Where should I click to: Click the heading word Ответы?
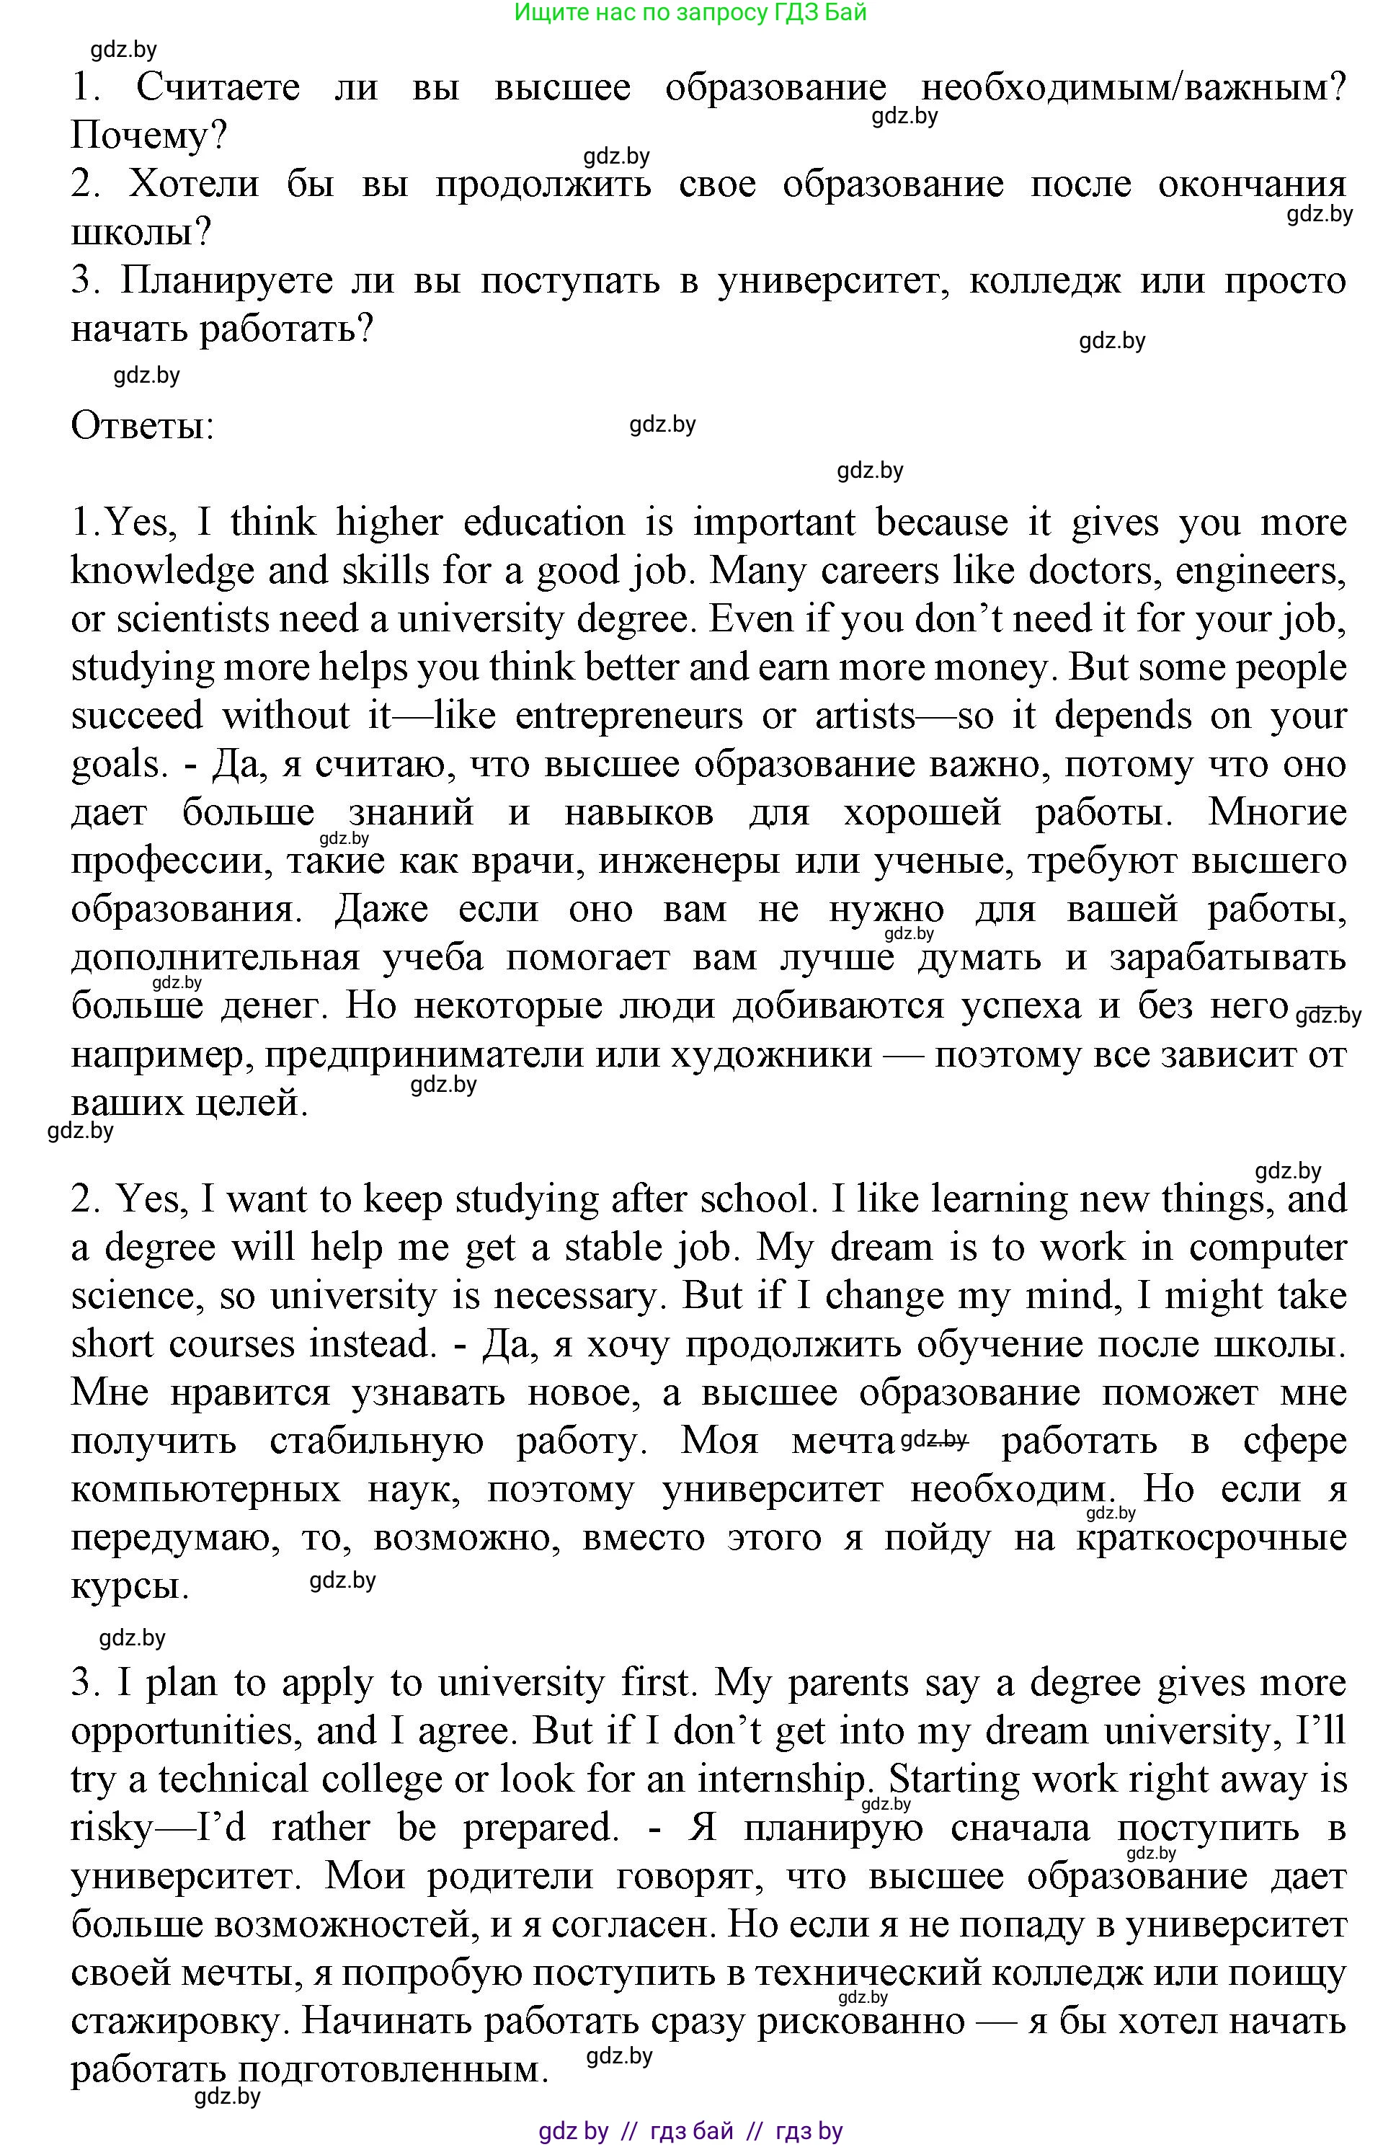[x=143, y=426]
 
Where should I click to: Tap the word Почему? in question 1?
[x=149, y=136]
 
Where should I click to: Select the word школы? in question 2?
[x=141, y=233]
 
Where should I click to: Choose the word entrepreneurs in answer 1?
[x=628, y=716]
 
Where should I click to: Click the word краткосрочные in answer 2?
[x=1211, y=1538]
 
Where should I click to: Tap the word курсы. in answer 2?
[x=130, y=1587]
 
